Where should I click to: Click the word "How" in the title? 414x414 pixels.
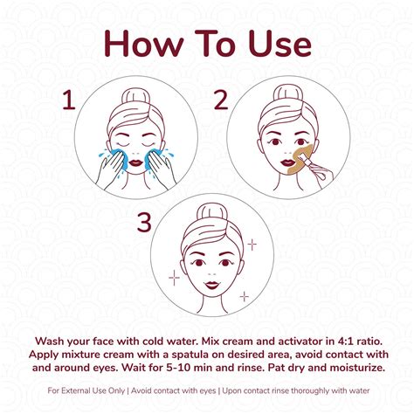[x=144, y=44]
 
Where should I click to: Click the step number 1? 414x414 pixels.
[x=69, y=100]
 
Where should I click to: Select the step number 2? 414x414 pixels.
[x=221, y=100]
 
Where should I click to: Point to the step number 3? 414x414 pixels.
[x=144, y=222]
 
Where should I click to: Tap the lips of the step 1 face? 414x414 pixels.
[x=135, y=162]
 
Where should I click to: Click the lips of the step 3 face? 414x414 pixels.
[x=212, y=285]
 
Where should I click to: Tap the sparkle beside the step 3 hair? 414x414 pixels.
[x=252, y=245]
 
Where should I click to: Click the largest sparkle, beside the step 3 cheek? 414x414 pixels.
[x=174, y=278]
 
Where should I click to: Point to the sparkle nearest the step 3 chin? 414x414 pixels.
[x=245, y=296]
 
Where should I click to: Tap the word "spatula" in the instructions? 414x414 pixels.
[x=190, y=355]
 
